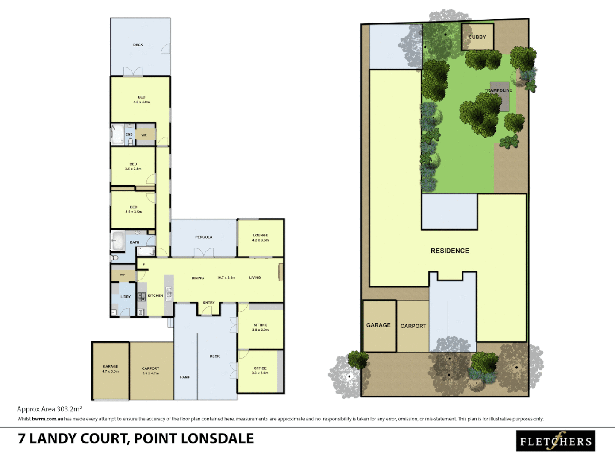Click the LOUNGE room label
(x=260, y=235)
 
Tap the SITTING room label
(x=260, y=325)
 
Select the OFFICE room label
(x=260, y=368)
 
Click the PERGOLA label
(x=204, y=237)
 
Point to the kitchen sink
(x=169, y=292)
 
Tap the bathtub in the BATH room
(x=117, y=241)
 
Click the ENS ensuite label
(x=129, y=134)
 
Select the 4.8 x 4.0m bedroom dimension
(x=141, y=102)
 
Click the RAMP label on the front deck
(x=185, y=377)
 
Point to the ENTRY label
(x=209, y=303)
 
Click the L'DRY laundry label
(x=126, y=297)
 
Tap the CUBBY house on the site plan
(x=477, y=37)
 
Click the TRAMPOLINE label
(x=498, y=90)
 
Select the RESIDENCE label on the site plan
(x=450, y=251)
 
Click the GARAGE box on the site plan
(x=379, y=325)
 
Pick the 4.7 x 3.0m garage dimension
(x=110, y=371)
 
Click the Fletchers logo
(x=556, y=441)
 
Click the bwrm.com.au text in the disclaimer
(x=47, y=419)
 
